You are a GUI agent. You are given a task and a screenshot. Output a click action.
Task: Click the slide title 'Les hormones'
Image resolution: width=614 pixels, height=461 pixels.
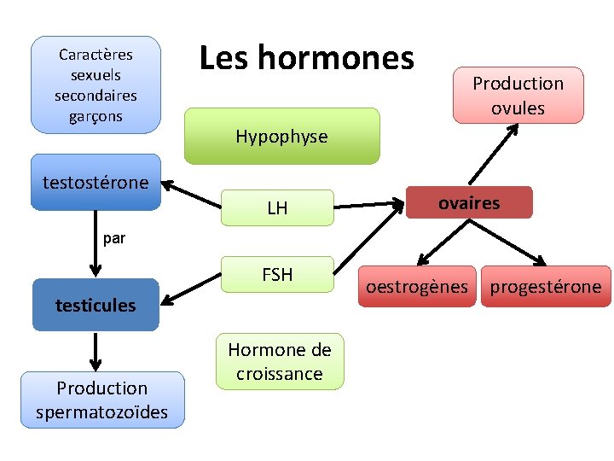(x=306, y=58)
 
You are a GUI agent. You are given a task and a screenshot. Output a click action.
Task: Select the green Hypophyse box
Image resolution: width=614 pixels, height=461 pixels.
(x=281, y=136)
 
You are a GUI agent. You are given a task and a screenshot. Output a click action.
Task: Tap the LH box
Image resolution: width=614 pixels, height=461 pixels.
(x=277, y=207)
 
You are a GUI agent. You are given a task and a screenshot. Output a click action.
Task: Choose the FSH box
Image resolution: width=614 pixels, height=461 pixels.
(x=277, y=275)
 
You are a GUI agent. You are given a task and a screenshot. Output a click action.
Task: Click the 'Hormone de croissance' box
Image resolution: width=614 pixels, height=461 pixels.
(x=280, y=361)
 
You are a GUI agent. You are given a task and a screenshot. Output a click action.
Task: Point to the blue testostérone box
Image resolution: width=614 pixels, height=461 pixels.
(x=96, y=182)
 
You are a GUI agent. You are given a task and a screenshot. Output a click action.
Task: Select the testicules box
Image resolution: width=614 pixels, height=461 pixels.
(x=96, y=305)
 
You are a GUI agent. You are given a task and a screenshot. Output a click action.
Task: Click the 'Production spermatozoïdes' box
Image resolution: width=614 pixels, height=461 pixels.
(x=101, y=400)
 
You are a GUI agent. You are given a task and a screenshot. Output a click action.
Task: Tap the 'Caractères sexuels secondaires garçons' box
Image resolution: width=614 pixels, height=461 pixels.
(x=96, y=85)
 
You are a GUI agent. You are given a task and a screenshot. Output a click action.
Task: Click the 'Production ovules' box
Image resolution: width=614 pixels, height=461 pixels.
(x=518, y=95)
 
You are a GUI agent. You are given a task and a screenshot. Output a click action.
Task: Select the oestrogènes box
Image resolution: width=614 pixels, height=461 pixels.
(x=417, y=287)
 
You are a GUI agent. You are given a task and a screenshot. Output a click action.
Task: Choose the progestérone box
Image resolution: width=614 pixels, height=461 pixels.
(x=545, y=287)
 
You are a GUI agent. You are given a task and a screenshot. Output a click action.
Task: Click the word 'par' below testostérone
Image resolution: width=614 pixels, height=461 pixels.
(x=113, y=239)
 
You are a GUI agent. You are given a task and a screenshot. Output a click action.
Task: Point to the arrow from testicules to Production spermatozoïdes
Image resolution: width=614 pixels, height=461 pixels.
(x=96, y=351)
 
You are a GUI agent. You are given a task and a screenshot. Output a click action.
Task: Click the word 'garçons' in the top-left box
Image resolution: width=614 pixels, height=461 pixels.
(x=96, y=116)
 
